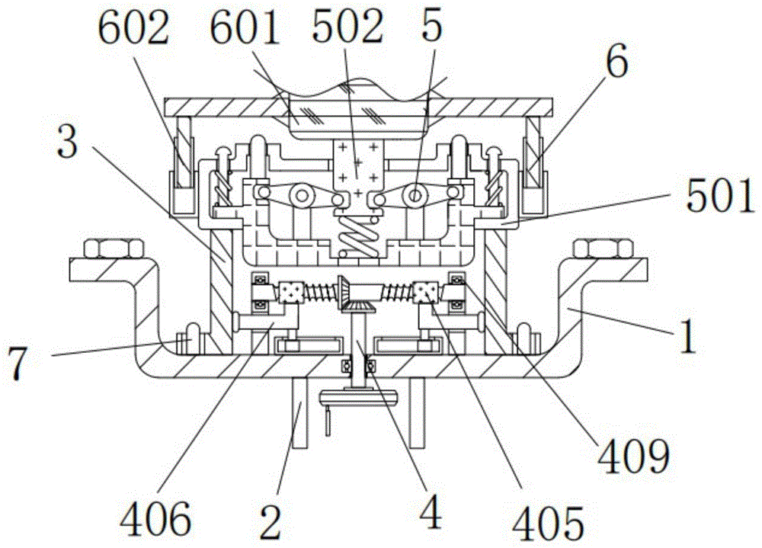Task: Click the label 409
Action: coord(634,456)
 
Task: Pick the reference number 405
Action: coord(549,524)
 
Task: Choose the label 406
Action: coord(155,519)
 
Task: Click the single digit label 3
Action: coord(66,141)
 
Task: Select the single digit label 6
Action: coord(617,59)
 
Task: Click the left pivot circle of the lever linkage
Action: coord(302,196)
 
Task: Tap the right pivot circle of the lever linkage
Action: coord(414,196)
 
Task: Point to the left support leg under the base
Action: coord(299,412)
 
